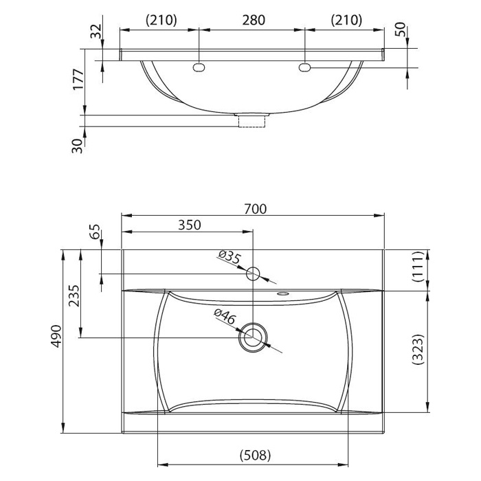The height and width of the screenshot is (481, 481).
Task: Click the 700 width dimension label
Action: click(255, 209)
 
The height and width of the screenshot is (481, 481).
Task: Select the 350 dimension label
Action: click(189, 225)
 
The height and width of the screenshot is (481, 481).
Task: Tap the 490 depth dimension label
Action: click(56, 336)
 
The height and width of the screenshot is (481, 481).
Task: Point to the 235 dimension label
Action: click(74, 295)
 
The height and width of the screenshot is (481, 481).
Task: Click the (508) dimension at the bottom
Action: click(255, 455)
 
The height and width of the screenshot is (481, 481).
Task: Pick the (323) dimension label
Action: click(418, 349)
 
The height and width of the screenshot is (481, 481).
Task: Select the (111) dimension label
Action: click(418, 267)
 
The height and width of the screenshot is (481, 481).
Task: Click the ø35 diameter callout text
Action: click(229, 257)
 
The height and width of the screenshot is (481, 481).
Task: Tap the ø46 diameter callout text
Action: click(225, 317)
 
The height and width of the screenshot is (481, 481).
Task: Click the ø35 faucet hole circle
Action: click(253, 274)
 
